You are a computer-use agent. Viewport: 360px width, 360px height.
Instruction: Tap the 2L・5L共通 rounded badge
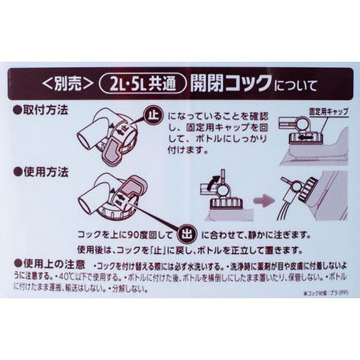click(143, 83)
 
